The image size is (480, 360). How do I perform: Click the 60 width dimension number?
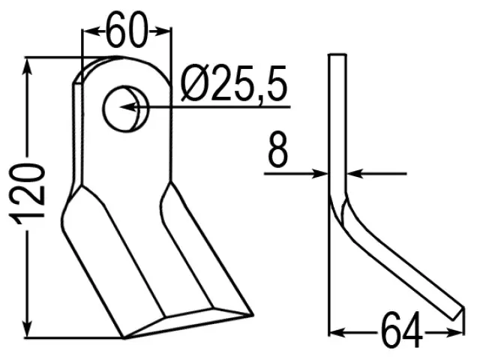pyautogui.click(x=127, y=29)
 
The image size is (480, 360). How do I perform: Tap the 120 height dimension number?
pyautogui.click(x=27, y=193)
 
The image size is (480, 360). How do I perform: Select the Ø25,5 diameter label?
pyautogui.click(x=234, y=83)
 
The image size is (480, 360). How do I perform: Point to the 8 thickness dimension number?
pyautogui.click(x=277, y=150)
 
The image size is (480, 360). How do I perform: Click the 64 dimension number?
pyautogui.click(x=402, y=329)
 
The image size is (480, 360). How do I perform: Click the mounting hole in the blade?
pyautogui.click(x=125, y=109)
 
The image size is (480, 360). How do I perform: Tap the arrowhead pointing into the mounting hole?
pyautogui.click(x=128, y=107)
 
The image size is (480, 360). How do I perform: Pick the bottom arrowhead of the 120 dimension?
pyautogui.click(x=27, y=328)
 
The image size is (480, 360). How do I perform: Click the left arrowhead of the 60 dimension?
pyautogui.click(x=91, y=31)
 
